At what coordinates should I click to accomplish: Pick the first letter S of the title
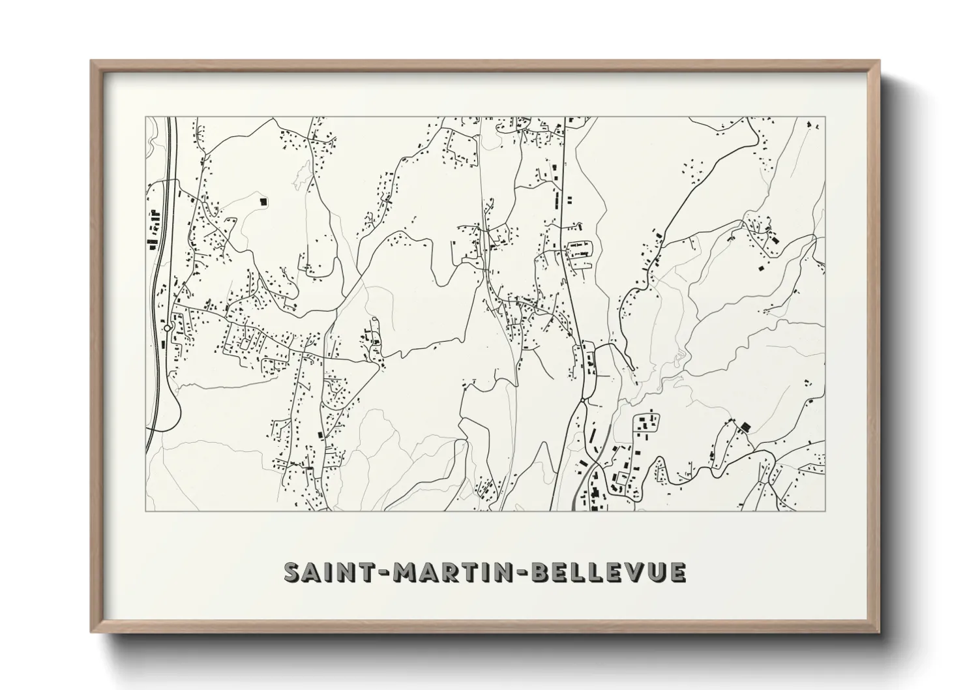coord(291,572)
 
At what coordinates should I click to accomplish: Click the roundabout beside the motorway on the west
coord(168,328)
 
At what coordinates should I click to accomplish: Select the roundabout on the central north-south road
coord(582,398)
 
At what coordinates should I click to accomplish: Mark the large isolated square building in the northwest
coord(263,202)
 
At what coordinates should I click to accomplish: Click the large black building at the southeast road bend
coord(745,427)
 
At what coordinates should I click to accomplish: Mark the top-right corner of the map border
coord(825,117)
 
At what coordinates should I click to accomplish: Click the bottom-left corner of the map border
coord(145,511)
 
